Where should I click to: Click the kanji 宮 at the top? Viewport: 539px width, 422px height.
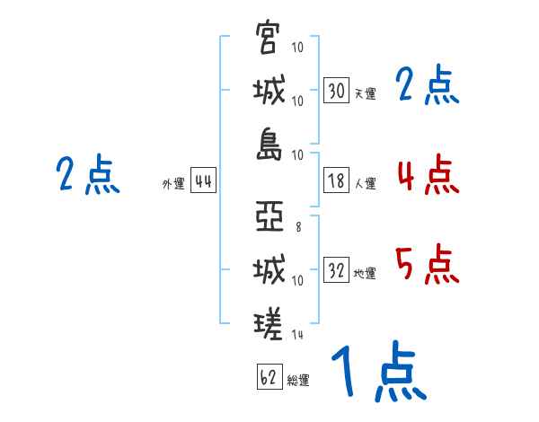[x=268, y=39]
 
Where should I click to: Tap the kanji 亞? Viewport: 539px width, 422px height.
[x=268, y=217]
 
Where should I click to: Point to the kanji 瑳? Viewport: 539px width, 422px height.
[x=268, y=321]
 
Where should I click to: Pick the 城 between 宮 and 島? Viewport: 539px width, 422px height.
[x=268, y=90]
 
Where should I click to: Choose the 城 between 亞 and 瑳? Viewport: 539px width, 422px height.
[x=268, y=269]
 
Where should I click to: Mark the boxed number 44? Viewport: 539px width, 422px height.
[x=203, y=180]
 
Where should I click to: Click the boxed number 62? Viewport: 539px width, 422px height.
[x=269, y=376]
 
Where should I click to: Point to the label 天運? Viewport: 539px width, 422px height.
[x=365, y=93]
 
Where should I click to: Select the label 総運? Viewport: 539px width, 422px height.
[x=298, y=380]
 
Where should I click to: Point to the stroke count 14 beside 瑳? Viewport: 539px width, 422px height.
[x=297, y=334]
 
